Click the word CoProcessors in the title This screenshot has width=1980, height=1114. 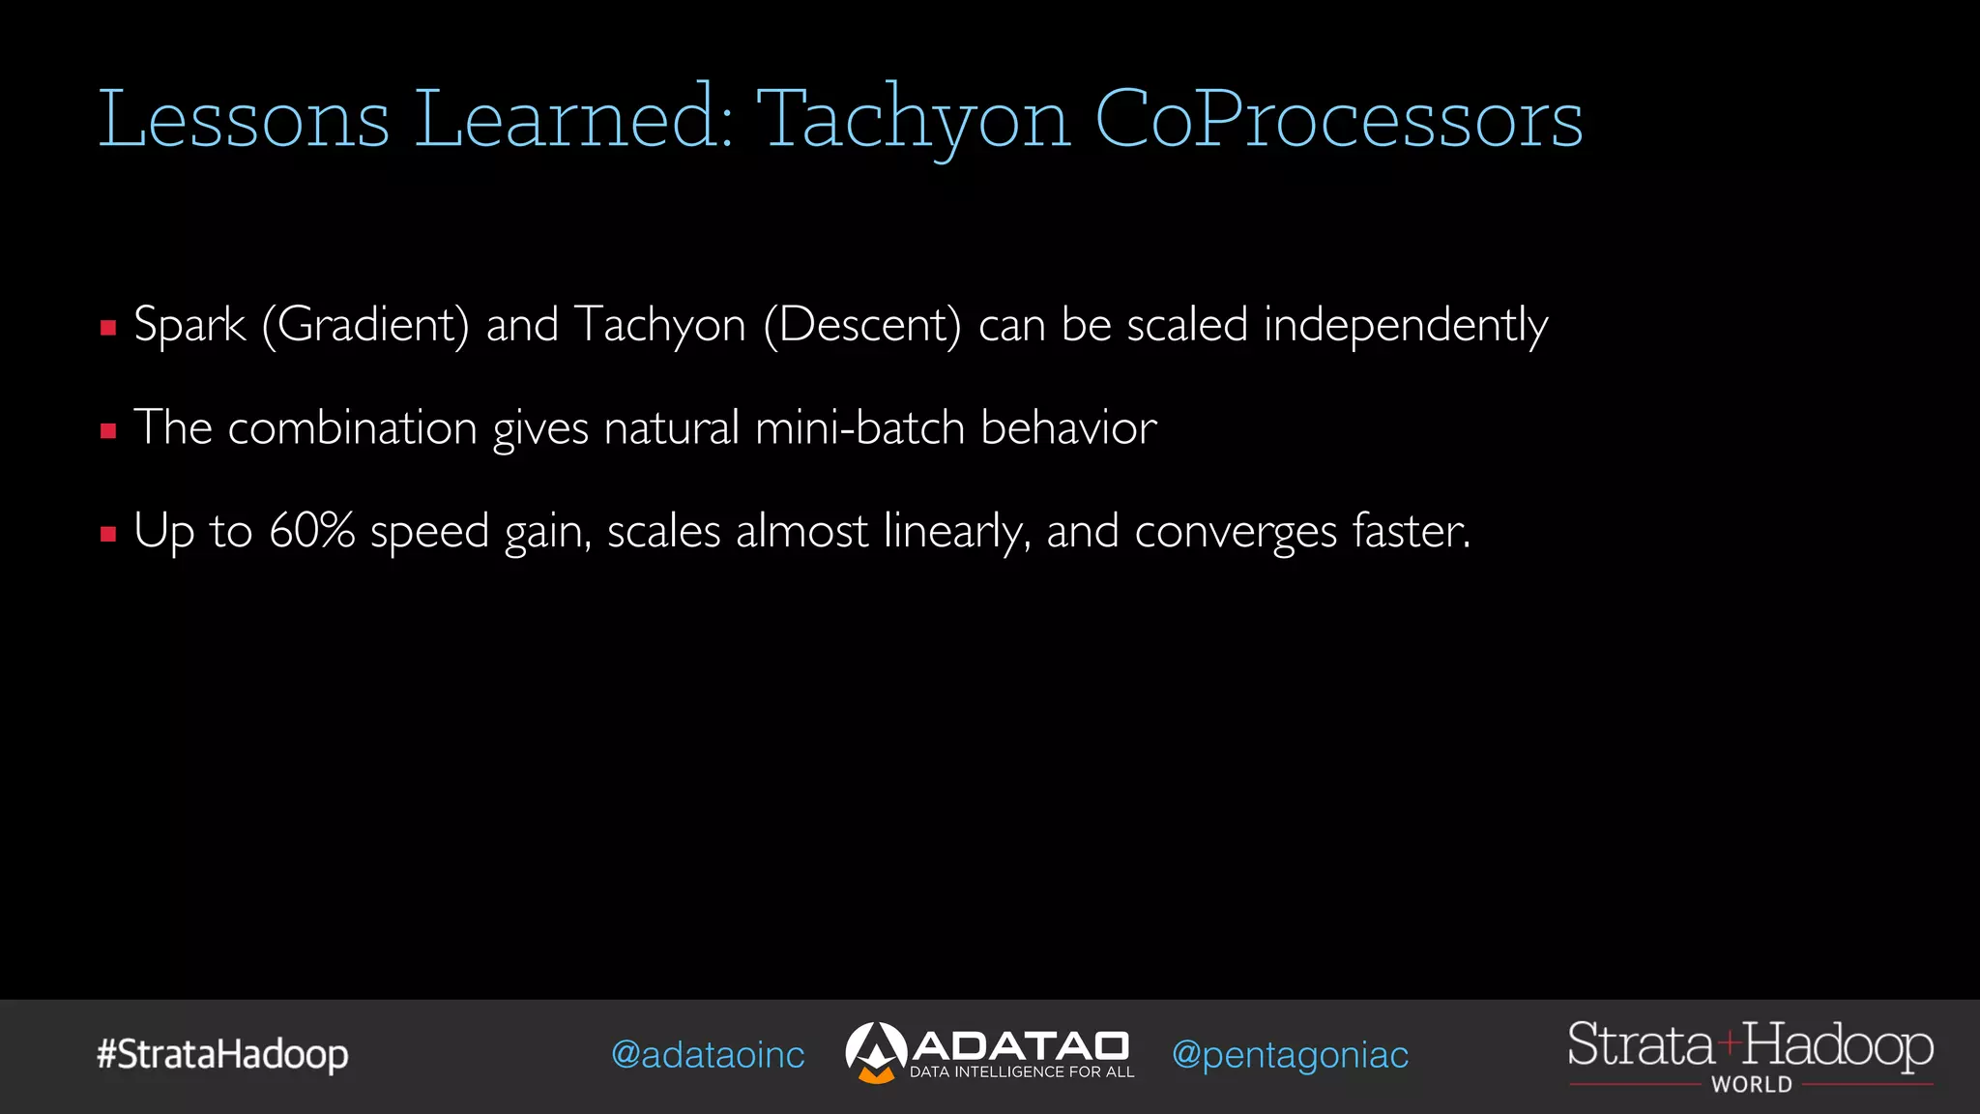tap(1338, 120)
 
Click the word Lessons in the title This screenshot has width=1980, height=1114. tap(244, 120)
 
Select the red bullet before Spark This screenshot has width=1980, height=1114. tap(108, 328)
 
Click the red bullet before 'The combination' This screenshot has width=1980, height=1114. tap(108, 431)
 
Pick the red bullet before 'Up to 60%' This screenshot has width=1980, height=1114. tap(108, 534)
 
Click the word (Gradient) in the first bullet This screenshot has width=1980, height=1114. tap(365, 325)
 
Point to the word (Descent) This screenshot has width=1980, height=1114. tap(862, 325)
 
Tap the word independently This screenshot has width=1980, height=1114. tap(1406, 325)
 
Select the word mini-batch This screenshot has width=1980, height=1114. tap(859, 427)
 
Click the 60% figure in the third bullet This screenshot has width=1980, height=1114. tap(311, 531)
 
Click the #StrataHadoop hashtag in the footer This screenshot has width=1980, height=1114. tap(222, 1054)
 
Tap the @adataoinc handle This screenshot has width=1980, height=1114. tap(708, 1055)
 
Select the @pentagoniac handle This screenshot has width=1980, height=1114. tap(1290, 1055)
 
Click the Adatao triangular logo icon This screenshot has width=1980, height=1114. tap(875, 1052)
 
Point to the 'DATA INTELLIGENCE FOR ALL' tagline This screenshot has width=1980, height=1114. tap(1022, 1072)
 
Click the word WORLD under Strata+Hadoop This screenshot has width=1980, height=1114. tap(1751, 1085)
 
